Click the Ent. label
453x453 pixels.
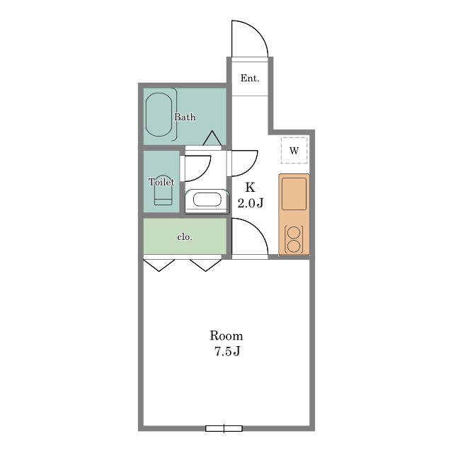[x=250, y=79]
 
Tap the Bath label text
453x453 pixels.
[x=185, y=117]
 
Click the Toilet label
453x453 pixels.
[x=161, y=182]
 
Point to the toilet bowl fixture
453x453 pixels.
[x=163, y=190]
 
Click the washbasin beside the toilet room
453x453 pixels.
[x=207, y=201]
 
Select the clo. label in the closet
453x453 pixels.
[x=185, y=237]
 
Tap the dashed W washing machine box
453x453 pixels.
[x=294, y=150]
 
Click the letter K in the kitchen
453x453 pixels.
[x=250, y=187]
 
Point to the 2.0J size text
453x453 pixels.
[x=251, y=203]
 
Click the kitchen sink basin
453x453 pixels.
[x=294, y=193]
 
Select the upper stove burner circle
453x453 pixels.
[x=294, y=233]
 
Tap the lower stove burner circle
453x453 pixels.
[x=294, y=246]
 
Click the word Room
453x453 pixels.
[x=226, y=336]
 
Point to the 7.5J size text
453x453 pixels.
[x=227, y=352]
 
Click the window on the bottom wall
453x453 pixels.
[x=224, y=428]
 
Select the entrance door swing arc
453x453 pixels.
[x=258, y=31]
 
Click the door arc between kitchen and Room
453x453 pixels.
[x=258, y=229]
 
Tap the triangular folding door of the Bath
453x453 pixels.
[x=212, y=138]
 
